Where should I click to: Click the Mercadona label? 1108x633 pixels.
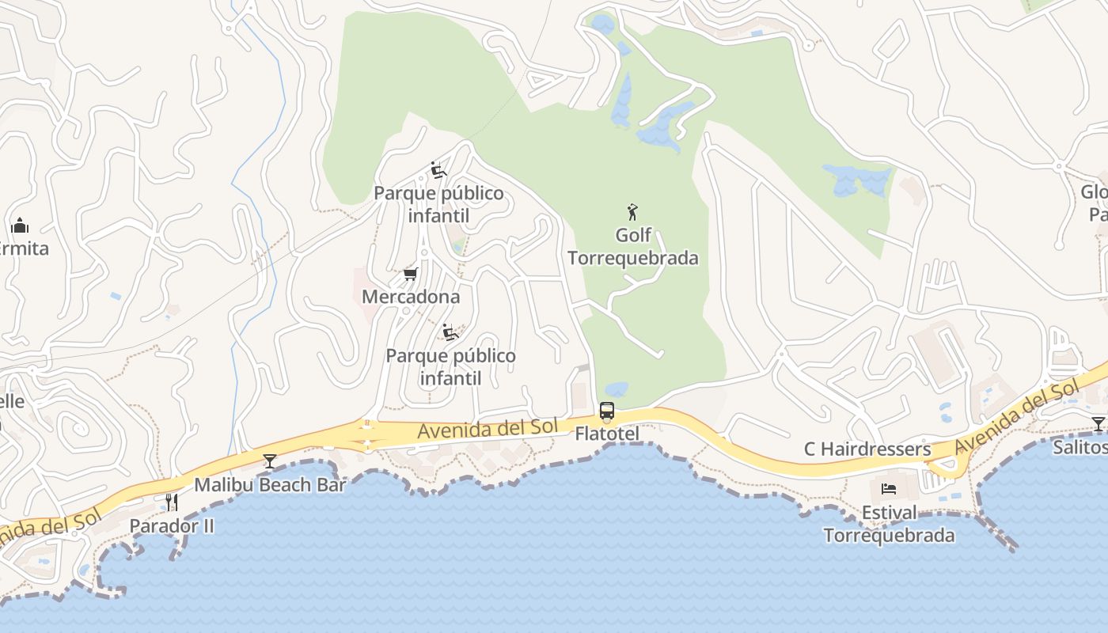tap(411, 297)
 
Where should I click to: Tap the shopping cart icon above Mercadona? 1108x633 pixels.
tap(410, 274)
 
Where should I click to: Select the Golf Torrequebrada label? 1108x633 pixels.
tap(633, 247)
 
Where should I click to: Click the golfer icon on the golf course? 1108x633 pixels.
tap(632, 212)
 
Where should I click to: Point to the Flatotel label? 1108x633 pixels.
tap(607, 434)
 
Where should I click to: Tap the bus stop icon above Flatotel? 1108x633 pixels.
tap(607, 411)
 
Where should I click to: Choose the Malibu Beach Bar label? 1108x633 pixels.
tap(270, 484)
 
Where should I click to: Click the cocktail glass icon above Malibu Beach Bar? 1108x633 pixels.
tap(270, 461)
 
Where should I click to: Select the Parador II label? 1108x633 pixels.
tap(172, 525)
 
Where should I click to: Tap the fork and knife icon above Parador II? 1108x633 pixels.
tap(171, 502)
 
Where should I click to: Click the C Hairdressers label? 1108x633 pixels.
tap(867, 449)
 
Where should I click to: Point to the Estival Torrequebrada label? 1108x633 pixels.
tap(889, 524)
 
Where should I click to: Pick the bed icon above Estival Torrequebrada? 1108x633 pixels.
tap(889, 489)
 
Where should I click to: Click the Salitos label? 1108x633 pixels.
tap(1081, 447)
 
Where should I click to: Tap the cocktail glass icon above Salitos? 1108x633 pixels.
tap(1099, 424)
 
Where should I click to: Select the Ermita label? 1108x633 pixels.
tap(22, 248)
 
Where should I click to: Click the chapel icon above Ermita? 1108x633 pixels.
tap(20, 226)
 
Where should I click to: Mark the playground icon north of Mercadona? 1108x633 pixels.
tap(438, 170)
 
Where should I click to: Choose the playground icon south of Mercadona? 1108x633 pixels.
tap(450, 332)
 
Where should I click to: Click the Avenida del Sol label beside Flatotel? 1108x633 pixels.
tap(488, 428)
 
